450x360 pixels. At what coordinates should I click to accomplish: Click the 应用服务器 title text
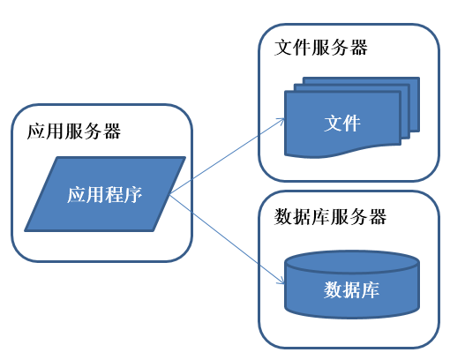coord(75,132)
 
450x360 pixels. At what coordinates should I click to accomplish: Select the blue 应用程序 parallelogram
coord(105,194)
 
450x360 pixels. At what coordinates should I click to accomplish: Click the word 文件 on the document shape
coord(342,123)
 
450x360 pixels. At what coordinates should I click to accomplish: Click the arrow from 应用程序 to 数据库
coord(225,238)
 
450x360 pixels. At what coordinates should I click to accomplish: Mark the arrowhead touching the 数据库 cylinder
coord(280,282)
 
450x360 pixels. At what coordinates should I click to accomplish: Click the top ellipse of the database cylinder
coord(351,262)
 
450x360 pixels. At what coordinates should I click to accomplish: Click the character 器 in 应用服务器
coord(112,132)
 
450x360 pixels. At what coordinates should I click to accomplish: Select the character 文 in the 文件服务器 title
coord(284,47)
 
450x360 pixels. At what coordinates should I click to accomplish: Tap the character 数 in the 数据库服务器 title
coord(284,216)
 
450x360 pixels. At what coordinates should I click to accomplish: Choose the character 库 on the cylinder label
coord(371,289)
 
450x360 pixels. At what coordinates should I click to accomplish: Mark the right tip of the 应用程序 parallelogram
coord(184,160)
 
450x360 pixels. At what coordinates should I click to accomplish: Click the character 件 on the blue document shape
coord(352,123)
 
